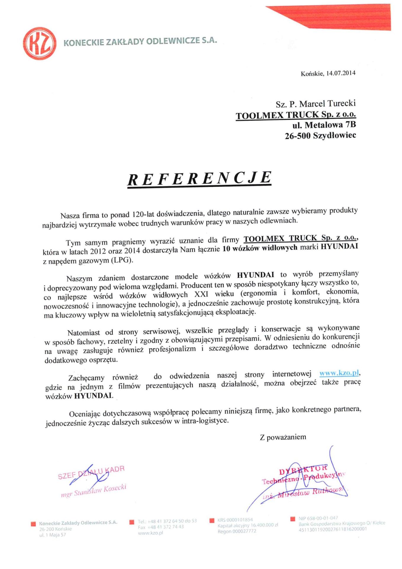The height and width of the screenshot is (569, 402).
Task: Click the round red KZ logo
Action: [40, 43]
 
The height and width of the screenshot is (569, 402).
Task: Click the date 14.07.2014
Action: [341, 73]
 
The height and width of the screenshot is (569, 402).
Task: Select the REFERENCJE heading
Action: [199, 178]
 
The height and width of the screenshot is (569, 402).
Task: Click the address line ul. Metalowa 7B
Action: [324, 125]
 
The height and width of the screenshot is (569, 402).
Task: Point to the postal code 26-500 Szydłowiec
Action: [320, 136]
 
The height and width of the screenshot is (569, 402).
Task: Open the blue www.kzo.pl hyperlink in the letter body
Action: [339, 373]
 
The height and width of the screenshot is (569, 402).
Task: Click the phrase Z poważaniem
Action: [283, 437]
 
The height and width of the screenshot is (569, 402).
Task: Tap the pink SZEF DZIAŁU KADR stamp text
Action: [91, 472]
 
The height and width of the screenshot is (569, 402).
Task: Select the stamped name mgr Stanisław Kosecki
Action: [94, 490]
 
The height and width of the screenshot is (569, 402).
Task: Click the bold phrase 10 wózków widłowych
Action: [260, 248]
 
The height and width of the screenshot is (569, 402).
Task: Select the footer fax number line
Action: [161, 527]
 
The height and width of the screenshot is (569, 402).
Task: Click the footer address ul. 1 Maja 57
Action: [52, 535]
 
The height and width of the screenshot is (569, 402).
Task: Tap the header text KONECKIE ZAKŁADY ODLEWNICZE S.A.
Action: [140, 41]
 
